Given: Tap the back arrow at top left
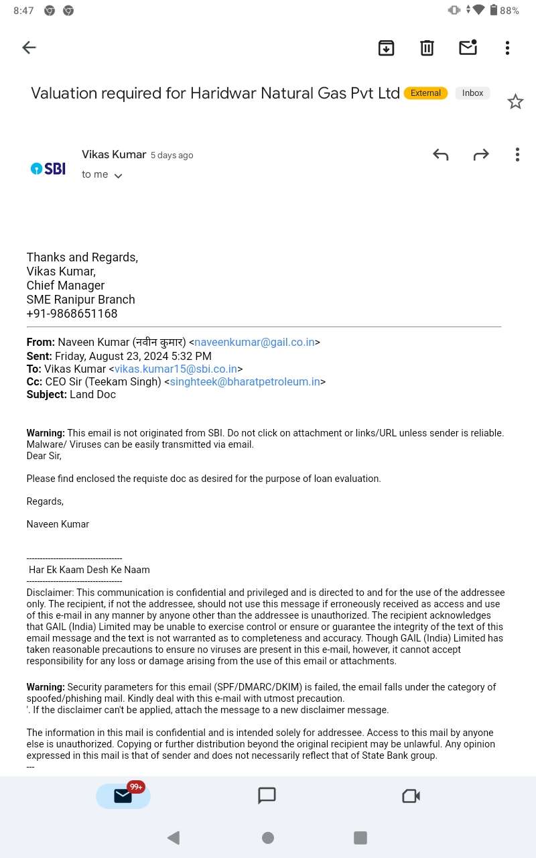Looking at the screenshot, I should coord(29,48).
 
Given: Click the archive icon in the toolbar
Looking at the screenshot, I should coord(387,48).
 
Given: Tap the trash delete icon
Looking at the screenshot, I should coord(427,48).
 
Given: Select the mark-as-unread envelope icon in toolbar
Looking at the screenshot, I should coord(468,47).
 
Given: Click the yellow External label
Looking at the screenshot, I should coord(425,93).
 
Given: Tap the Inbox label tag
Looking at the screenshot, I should coord(472,93).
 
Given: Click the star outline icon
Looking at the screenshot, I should coord(515,102).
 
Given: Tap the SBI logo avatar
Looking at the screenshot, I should coord(48,168).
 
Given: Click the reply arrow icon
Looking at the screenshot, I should coord(440,155).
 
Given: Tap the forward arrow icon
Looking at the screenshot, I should coord(481,155).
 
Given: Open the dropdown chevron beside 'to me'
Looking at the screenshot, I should coord(118,176).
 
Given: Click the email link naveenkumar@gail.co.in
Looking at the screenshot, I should coord(255,343).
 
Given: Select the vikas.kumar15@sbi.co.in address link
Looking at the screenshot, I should coord(176,369).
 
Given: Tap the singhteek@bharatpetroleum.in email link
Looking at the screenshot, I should coord(245,381).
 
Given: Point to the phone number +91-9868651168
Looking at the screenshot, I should coord(72,314).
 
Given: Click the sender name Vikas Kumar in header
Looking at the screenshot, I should coord(114,155).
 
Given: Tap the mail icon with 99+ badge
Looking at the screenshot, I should coord(123,796).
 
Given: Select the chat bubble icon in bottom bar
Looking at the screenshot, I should coord(267,796).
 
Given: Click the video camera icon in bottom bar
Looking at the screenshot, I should coord(411,796).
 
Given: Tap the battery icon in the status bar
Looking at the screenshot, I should coord(494,10).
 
